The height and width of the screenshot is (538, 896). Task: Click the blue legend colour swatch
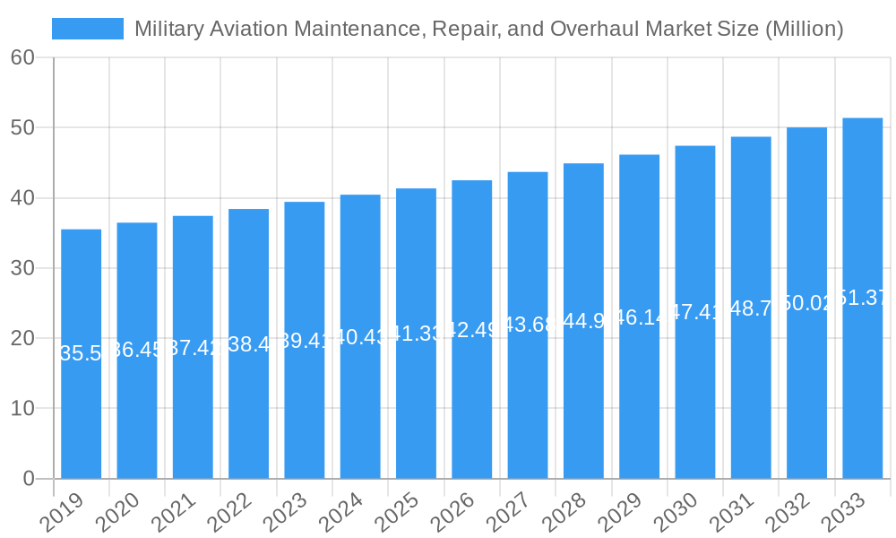(88, 29)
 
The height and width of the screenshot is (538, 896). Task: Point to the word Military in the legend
(167, 29)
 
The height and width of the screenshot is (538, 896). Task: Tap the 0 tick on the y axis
(29, 479)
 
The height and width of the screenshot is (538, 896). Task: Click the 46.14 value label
(639, 317)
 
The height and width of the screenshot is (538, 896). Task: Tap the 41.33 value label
(416, 334)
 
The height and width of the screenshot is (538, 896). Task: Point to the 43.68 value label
(528, 325)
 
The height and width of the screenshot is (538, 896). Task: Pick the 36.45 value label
(137, 350)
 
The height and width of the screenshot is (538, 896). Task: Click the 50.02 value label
(806, 303)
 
